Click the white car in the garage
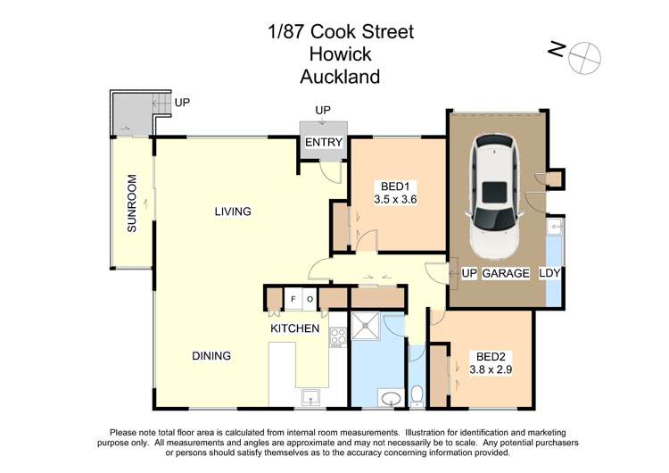pyautogui.click(x=492, y=194)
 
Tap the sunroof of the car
pyautogui.click(x=492, y=190)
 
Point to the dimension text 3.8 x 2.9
pyautogui.click(x=490, y=367)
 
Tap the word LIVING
pyautogui.click(x=232, y=212)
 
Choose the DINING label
pyautogui.click(x=211, y=356)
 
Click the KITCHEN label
pyautogui.click(x=294, y=329)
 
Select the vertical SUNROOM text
pyautogui.click(x=132, y=204)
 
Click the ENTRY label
pyautogui.click(x=322, y=143)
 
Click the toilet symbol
pyautogui.click(x=417, y=394)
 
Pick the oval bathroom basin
pyautogui.click(x=389, y=397)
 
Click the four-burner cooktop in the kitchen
pyautogui.click(x=338, y=337)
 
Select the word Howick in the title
pyautogui.click(x=340, y=54)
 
